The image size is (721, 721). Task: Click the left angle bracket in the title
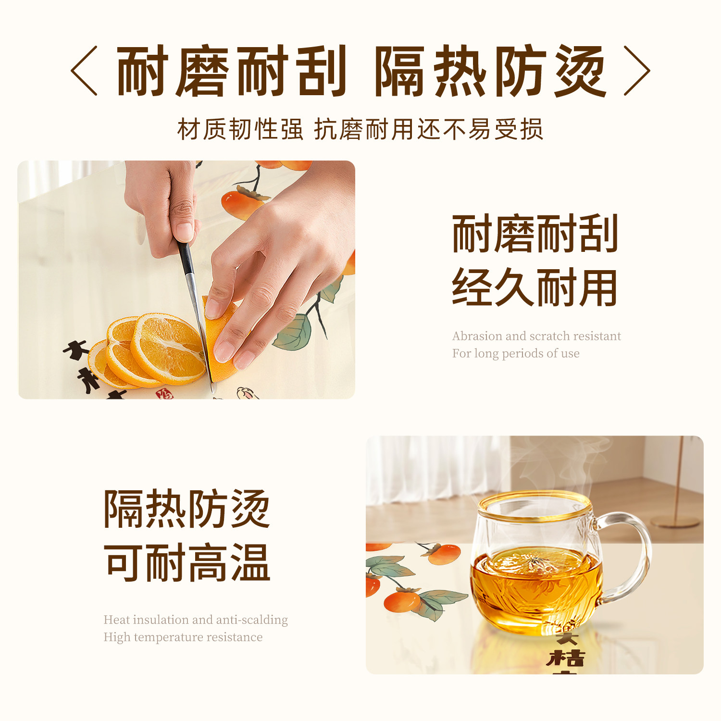click(x=85, y=71)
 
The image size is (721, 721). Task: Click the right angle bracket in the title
click(x=636, y=71)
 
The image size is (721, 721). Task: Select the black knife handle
click(x=186, y=257)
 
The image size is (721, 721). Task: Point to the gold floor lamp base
click(x=675, y=521)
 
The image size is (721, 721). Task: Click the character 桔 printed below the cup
click(x=566, y=658)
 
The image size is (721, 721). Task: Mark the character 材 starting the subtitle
click(x=188, y=129)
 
